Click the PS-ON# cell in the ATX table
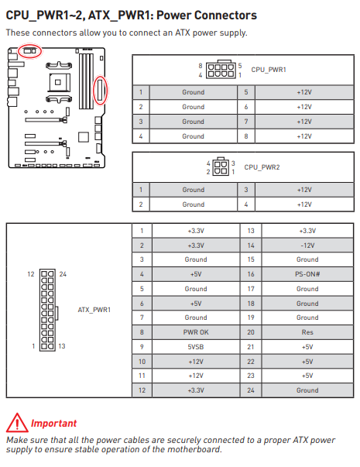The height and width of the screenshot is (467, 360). click(307, 274)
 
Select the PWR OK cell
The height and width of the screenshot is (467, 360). click(196, 332)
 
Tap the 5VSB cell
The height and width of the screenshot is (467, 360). click(196, 347)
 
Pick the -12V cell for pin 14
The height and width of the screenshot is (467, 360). click(307, 245)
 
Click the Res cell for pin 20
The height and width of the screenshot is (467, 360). click(307, 332)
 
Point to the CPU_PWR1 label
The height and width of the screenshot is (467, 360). click(269, 70)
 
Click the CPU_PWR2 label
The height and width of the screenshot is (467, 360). click(262, 167)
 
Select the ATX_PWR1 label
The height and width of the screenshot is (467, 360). click(94, 310)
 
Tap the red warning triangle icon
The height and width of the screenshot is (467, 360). click(17, 423)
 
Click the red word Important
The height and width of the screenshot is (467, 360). click(53, 423)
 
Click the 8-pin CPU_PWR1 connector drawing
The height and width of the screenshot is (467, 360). click(221, 70)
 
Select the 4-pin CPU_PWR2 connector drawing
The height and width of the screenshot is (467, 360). click(221, 167)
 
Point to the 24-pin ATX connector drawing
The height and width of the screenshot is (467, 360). click(48, 311)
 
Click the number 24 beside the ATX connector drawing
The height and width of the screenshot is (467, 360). click(63, 274)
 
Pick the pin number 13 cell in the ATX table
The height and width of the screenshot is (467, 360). click(251, 231)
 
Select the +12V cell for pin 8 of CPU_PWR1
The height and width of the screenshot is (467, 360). click(304, 136)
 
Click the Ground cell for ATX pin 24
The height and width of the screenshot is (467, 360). click(307, 390)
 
